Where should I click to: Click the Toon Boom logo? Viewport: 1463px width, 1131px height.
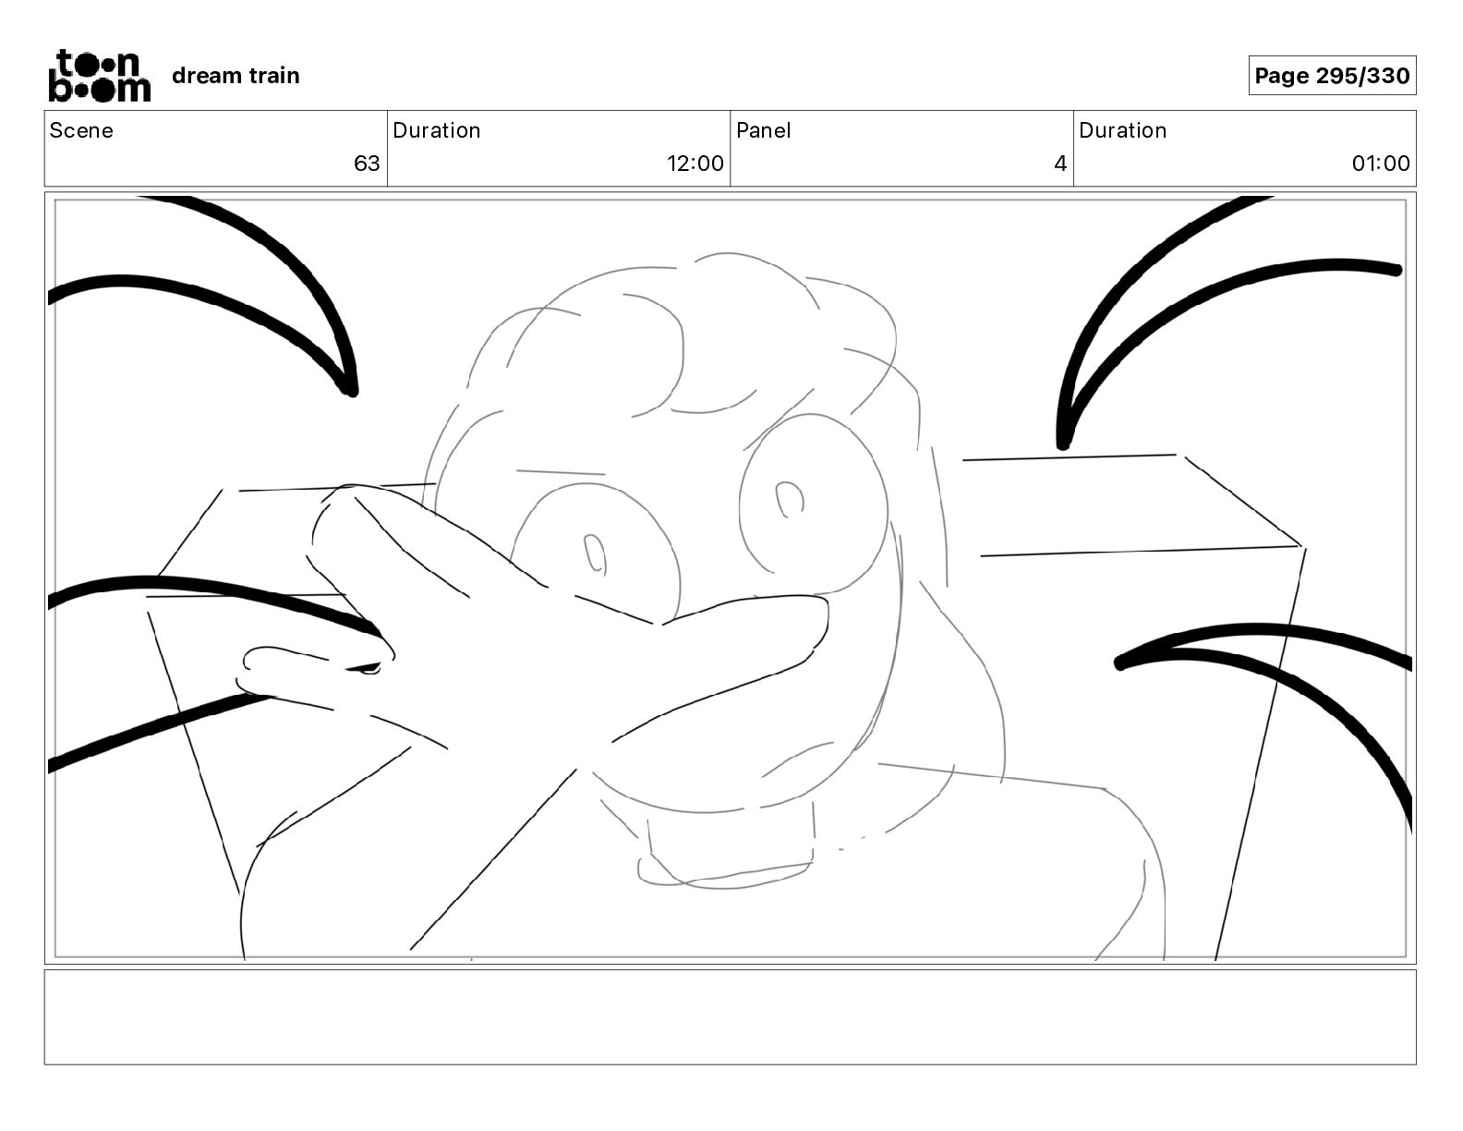click(x=100, y=76)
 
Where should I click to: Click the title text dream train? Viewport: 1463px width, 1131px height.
click(x=236, y=76)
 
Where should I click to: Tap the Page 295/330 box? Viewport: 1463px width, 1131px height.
click(x=1332, y=76)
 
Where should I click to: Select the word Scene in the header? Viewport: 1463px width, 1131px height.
click(x=81, y=130)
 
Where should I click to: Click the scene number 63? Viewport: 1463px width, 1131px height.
click(x=367, y=163)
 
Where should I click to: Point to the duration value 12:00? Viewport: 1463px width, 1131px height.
click(x=695, y=163)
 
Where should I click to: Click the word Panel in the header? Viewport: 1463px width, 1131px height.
click(x=764, y=130)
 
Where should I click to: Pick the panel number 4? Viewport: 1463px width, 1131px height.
click(x=1060, y=163)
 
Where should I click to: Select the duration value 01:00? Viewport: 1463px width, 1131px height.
click(x=1381, y=163)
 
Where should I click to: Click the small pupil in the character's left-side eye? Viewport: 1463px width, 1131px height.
click(x=595, y=553)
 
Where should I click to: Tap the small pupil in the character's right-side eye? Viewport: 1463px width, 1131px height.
click(x=789, y=499)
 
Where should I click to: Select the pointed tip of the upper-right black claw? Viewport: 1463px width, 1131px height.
click(x=1062, y=444)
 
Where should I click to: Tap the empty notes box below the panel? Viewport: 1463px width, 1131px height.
click(x=731, y=1017)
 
